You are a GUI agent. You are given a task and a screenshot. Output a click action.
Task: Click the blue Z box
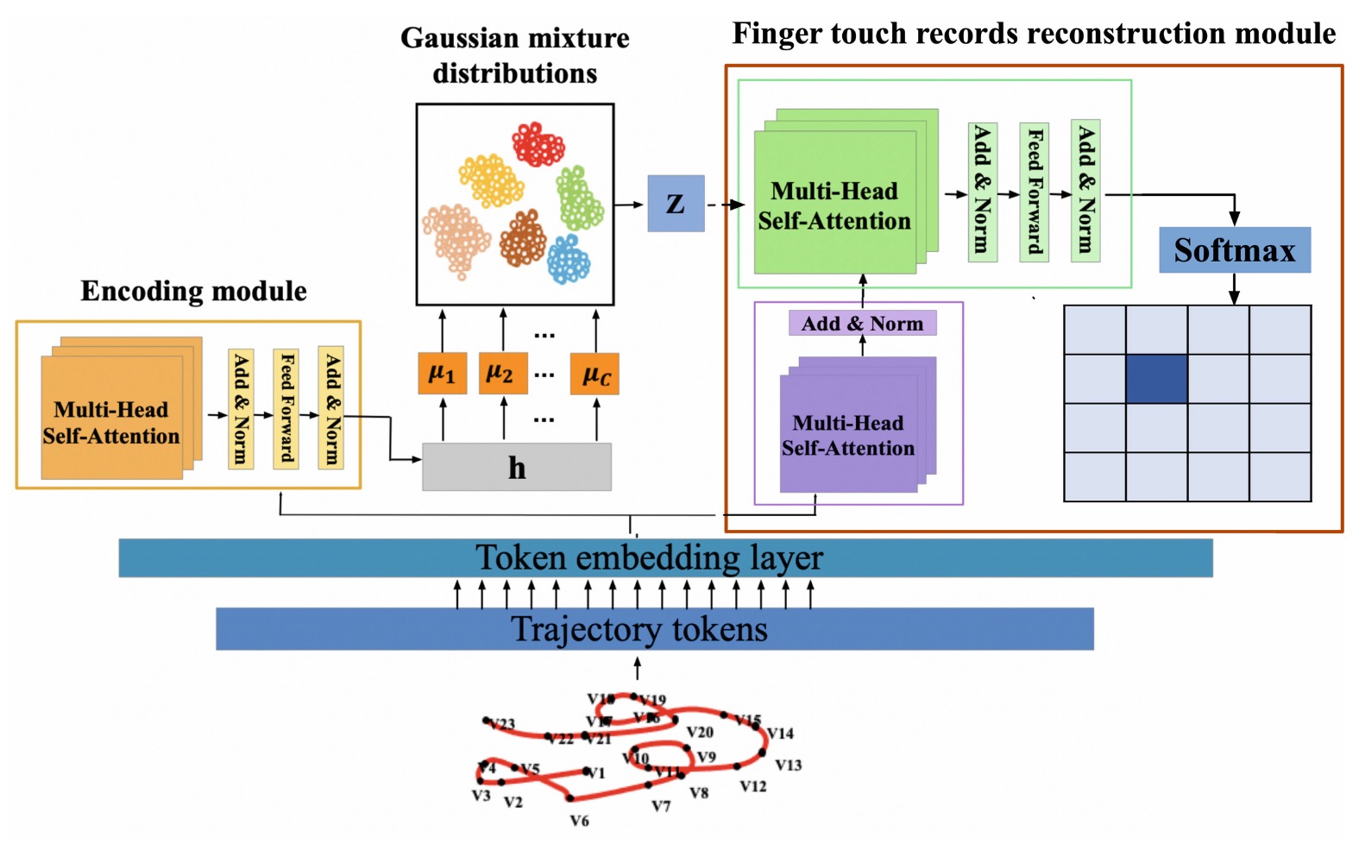(x=676, y=204)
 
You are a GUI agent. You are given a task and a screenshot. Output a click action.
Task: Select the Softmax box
(x=1234, y=250)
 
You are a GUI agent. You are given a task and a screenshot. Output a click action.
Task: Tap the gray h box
(x=516, y=467)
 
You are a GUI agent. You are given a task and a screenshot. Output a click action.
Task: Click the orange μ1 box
(x=442, y=374)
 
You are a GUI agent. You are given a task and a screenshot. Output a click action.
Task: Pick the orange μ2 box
(x=502, y=374)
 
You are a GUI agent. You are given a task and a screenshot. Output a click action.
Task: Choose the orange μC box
(x=595, y=375)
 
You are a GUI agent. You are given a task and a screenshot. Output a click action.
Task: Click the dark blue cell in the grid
(x=1156, y=379)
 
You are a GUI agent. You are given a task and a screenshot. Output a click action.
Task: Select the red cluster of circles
(x=538, y=144)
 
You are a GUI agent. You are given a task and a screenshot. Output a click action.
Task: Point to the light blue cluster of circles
(x=569, y=259)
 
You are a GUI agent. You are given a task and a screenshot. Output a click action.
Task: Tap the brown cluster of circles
(x=522, y=238)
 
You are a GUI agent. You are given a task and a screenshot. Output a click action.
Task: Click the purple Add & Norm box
(x=862, y=324)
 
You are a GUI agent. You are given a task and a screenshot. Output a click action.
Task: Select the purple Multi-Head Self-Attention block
(x=848, y=435)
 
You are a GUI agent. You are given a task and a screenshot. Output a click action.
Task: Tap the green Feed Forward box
(x=1034, y=192)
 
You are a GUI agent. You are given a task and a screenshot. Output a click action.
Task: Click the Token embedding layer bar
(x=665, y=558)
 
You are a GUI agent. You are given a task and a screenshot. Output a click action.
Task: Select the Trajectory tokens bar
(x=654, y=629)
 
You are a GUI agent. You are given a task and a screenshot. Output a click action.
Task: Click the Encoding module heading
(x=193, y=291)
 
